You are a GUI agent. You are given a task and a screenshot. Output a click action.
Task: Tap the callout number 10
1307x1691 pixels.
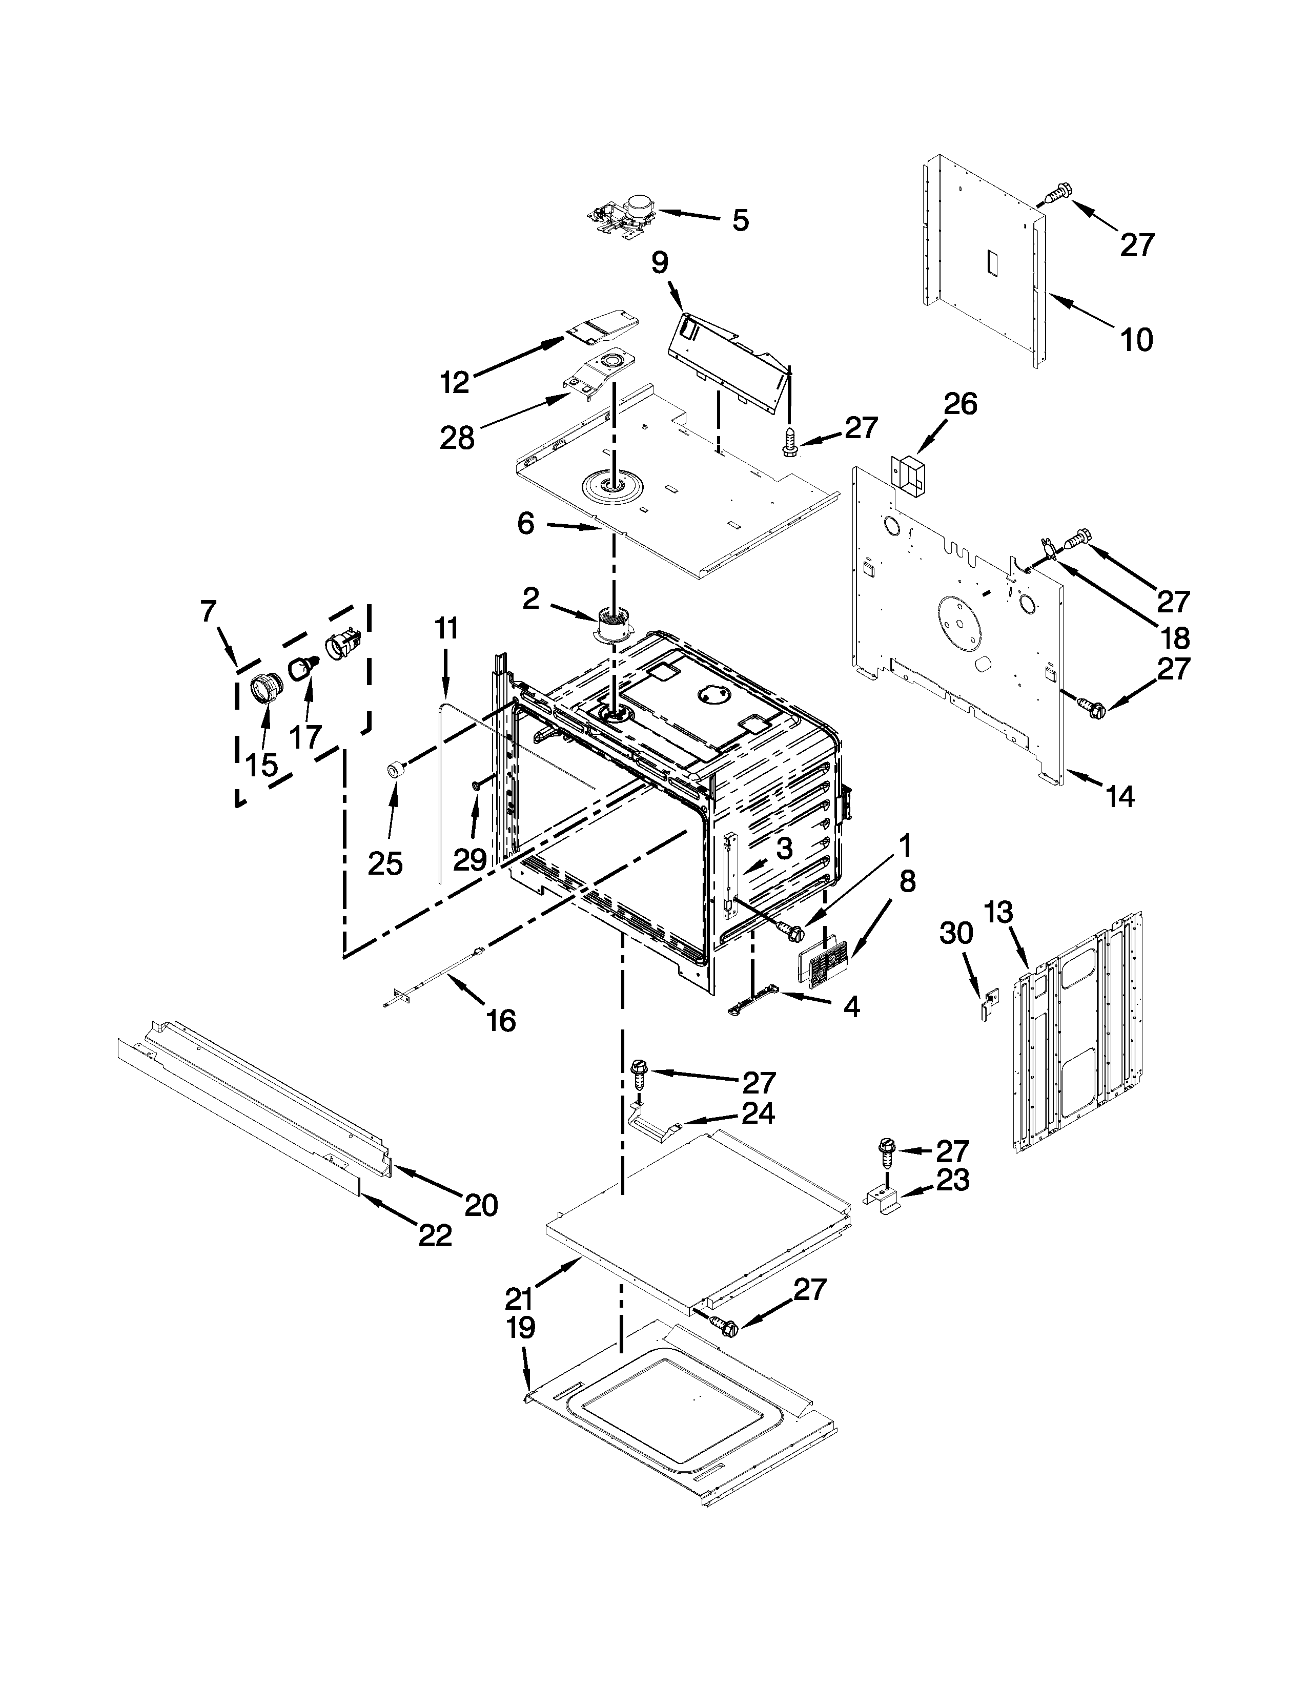pyautogui.click(x=1137, y=339)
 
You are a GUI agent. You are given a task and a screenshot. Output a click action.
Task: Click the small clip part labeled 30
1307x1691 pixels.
pyautogui.click(x=989, y=1006)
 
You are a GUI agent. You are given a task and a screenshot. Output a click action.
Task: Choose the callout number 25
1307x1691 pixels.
pyautogui.click(x=385, y=863)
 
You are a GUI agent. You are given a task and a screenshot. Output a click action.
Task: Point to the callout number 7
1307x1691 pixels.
pyautogui.click(x=208, y=612)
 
